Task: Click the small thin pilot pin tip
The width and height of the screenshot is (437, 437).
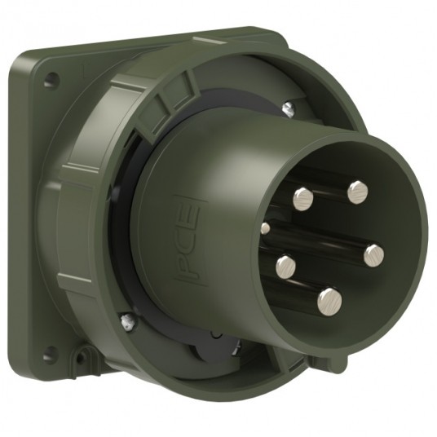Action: [x=264, y=227]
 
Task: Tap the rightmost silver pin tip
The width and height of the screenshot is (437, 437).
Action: [x=373, y=256]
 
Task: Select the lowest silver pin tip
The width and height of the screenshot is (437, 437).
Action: [x=329, y=299]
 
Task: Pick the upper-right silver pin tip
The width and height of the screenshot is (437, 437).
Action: [x=357, y=192]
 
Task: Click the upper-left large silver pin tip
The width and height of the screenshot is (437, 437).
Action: [x=302, y=196]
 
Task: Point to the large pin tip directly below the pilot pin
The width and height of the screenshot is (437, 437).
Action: [x=285, y=265]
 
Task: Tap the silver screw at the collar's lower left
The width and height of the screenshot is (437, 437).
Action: [x=125, y=322]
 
